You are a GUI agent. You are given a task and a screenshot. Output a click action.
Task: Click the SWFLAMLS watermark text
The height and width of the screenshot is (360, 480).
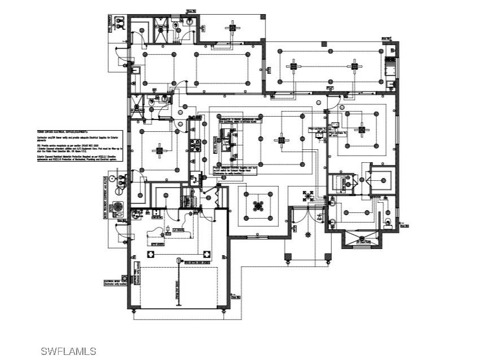pyautogui.click(x=68, y=351)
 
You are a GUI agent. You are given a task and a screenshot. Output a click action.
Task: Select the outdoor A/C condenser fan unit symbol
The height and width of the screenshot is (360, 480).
pyautogui.click(x=118, y=207)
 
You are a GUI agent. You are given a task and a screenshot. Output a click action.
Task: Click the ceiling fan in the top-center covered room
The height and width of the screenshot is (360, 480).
pyautogui.click(x=232, y=26)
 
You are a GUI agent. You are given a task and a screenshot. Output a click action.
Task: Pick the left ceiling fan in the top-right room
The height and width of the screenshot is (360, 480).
pyautogui.click(x=293, y=66)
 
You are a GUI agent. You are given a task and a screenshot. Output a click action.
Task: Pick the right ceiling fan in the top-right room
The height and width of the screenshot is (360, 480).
pyautogui.click(x=354, y=66)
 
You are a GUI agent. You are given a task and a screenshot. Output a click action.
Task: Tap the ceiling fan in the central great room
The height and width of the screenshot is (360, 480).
pyautogui.click(x=280, y=140)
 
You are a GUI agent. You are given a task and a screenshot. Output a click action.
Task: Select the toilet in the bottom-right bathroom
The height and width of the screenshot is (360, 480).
pyautogui.click(x=388, y=222)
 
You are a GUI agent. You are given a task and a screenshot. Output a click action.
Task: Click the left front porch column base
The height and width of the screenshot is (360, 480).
pyautogui.click(x=287, y=257)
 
